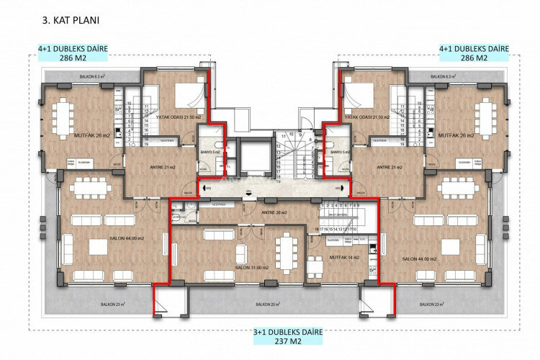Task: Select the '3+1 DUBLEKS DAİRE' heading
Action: pos(287,333)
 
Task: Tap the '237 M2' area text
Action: pos(287,343)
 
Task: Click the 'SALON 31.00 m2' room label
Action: pos(252,267)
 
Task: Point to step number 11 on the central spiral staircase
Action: pos(284,135)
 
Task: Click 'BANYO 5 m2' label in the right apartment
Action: pos(338,153)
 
